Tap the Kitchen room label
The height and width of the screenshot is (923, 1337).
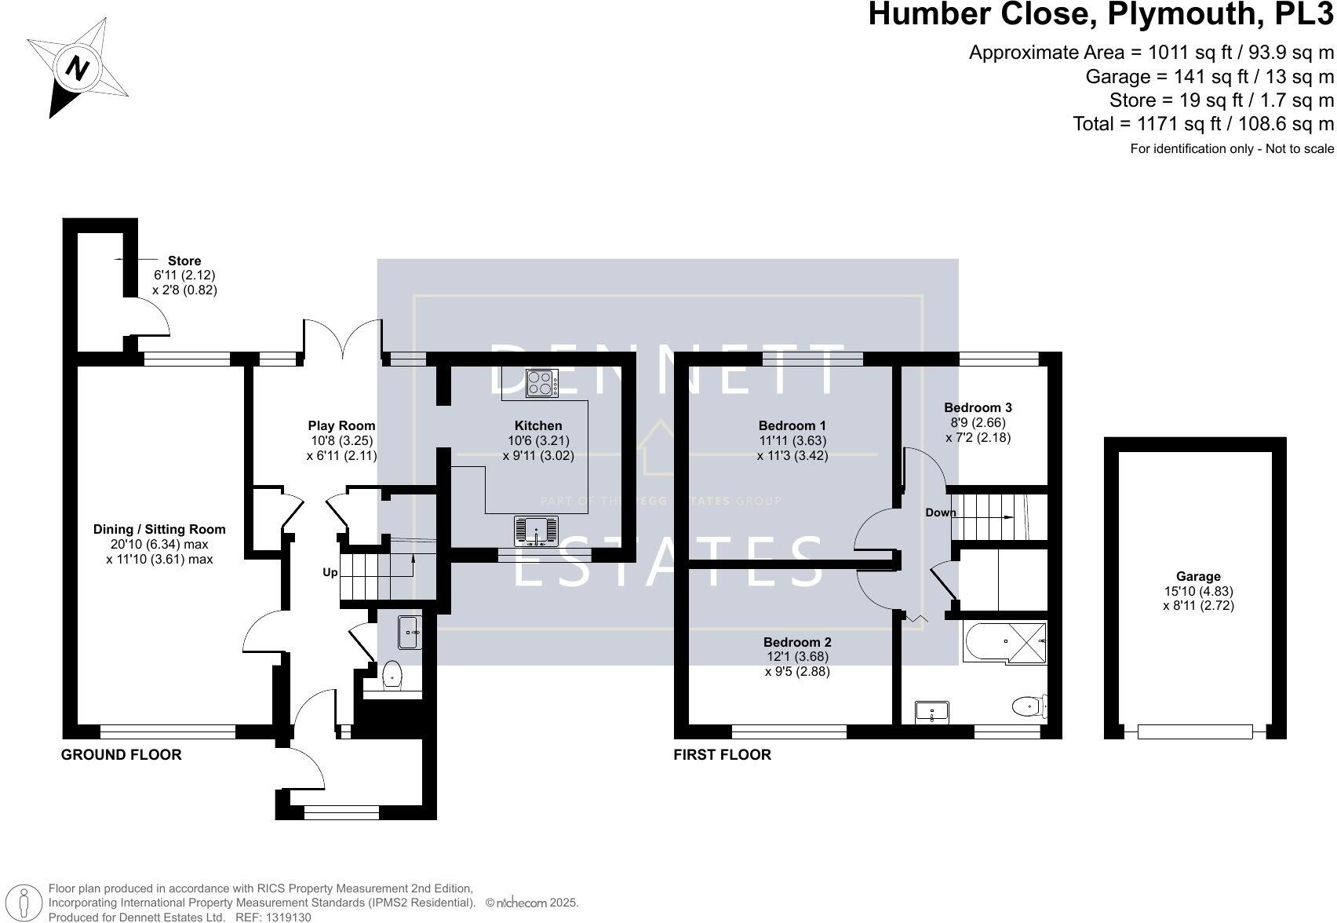point(538,426)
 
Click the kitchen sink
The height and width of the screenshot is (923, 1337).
point(536,531)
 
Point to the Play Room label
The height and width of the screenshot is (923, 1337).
point(341,426)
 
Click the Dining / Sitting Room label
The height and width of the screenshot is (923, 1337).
point(159,530)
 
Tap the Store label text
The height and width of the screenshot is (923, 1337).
point(184,261)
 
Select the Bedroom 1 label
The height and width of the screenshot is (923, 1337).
point(792,426)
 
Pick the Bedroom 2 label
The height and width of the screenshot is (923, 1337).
point(797,641)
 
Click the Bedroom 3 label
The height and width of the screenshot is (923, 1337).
point(978,407)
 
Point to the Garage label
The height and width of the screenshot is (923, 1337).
point(1198,576)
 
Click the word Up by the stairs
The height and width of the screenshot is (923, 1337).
point(330,572)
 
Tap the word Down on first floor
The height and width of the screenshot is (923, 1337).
point(941,513)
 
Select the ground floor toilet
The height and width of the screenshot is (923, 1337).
point(392,675)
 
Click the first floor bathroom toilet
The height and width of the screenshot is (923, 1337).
point(1027,706)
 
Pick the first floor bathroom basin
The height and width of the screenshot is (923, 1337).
point(932,712)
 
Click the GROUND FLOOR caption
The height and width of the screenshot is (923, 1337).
point(122,755)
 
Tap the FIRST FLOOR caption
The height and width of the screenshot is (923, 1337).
point(723,755)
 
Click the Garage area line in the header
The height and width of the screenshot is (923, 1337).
point(1209,77)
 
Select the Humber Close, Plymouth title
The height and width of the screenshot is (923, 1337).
point(1100,15)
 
